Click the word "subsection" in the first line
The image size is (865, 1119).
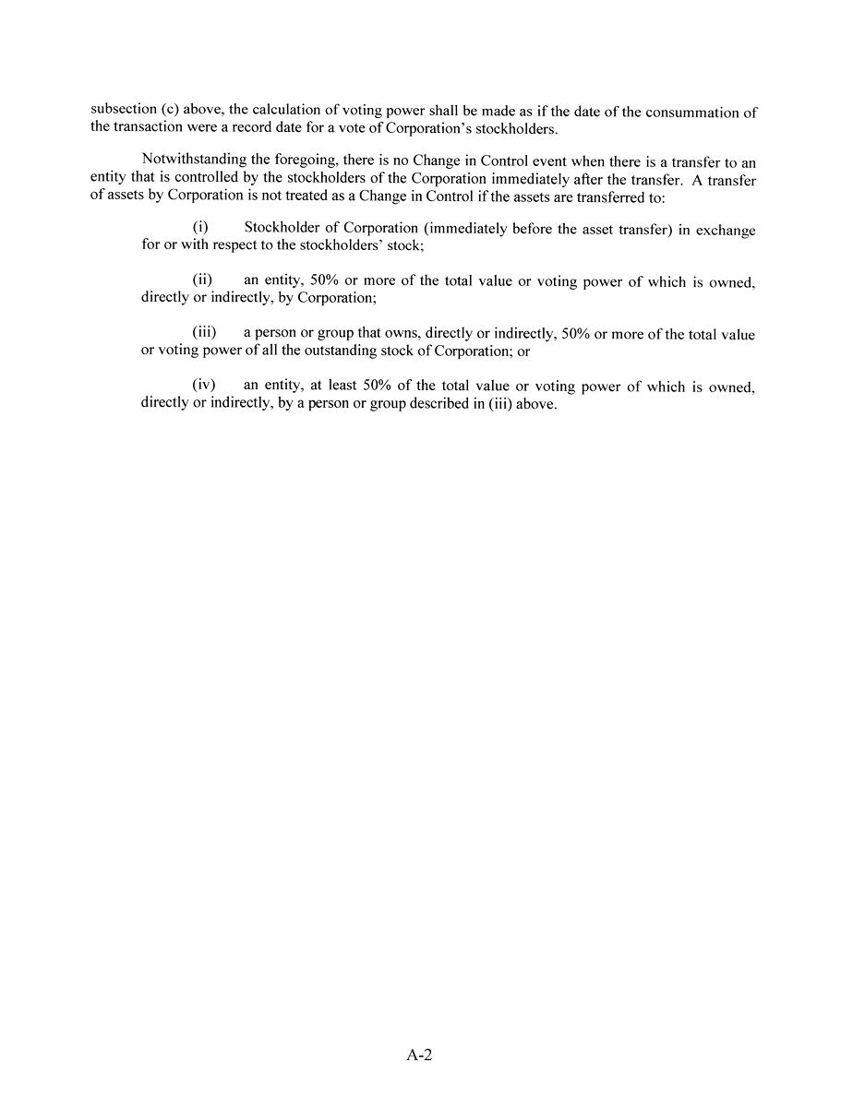[x=123, y=110]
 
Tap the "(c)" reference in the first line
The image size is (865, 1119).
[x=170, y=110]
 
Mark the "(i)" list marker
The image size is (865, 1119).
[x=200, y=227]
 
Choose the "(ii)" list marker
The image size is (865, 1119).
[x=202, y=280]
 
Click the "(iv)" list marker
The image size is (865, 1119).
[x=203, y=386]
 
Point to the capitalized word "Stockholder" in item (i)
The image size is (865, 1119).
[x=280, y=228]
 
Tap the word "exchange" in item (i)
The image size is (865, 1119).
[x=726, y=231]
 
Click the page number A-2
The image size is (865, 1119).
[x=419, y=1055]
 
